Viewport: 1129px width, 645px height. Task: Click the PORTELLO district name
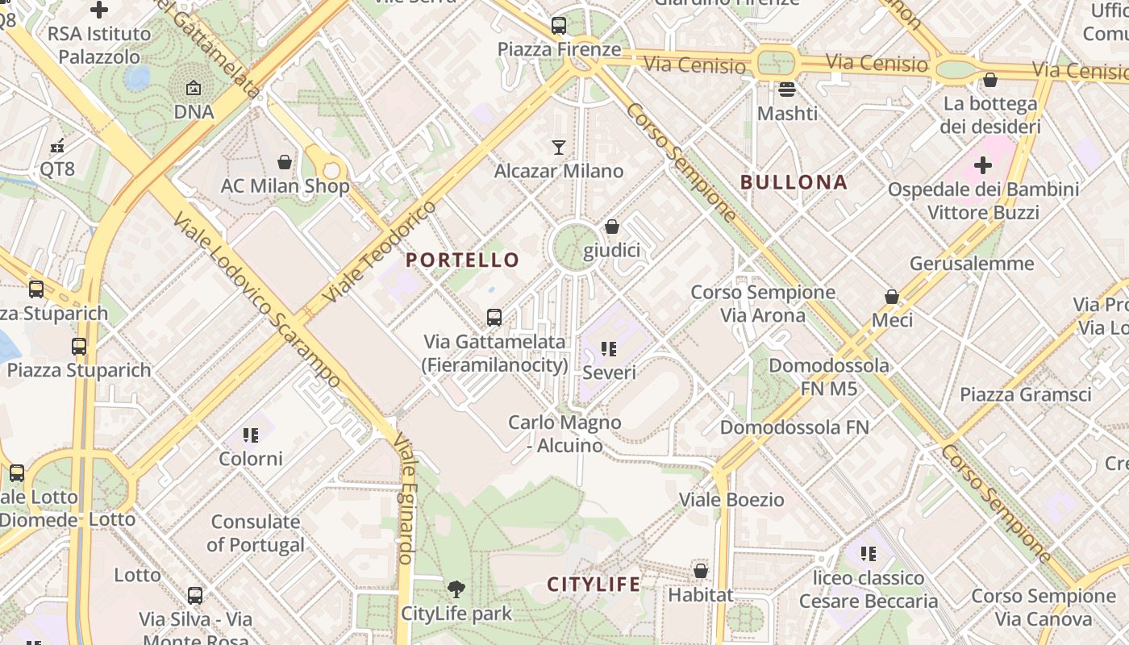(463, 260)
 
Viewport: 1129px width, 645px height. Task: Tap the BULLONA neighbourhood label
(794, 182)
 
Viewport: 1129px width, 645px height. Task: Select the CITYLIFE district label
(594, 584)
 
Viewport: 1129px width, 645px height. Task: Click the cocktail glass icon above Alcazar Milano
(558, 147)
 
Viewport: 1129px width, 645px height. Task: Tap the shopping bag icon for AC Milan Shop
(284, 162)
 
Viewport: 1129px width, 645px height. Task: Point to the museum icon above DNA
(194, 88)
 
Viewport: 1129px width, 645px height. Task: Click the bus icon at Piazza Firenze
(559, 26)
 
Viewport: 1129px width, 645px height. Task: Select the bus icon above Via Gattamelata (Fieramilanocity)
(494, 318)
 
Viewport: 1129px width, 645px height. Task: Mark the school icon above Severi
(609, 349)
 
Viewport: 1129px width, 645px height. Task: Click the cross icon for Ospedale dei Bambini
(982, 166)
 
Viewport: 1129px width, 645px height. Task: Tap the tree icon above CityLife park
(456, 589)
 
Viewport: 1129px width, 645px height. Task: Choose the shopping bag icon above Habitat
(700, 571)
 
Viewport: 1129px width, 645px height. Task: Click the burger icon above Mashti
(787, 89)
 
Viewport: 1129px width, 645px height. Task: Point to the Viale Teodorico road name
(378, 252)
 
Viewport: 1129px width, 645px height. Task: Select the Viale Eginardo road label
(406, 500)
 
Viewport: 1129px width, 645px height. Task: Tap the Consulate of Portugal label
(256, 533)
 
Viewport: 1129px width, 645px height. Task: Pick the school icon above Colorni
(251, 435)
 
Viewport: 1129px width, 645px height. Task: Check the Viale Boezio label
(731, 500)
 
